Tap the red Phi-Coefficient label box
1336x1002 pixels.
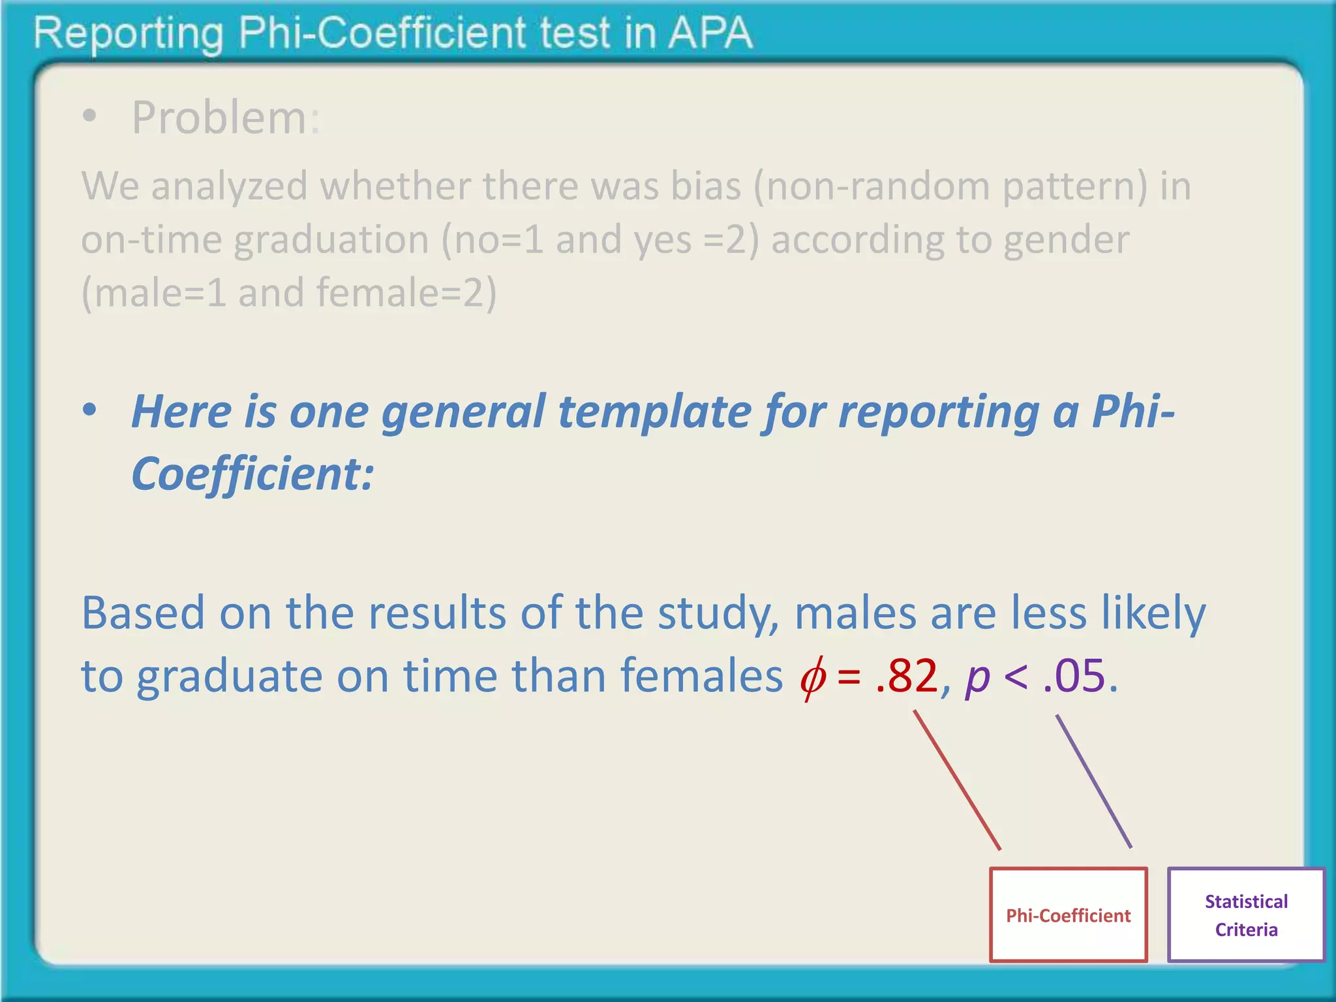(x=1068, y=915)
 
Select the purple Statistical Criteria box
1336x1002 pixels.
(x=1246, y=915)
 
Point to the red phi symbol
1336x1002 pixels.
(x=813, y=677)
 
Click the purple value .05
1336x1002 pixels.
(x=1074, y=676)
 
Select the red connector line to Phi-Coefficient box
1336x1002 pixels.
(x=957, y=780)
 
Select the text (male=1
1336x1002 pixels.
(x=154, y=293)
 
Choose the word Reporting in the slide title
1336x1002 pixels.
(x=128, y=34)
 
